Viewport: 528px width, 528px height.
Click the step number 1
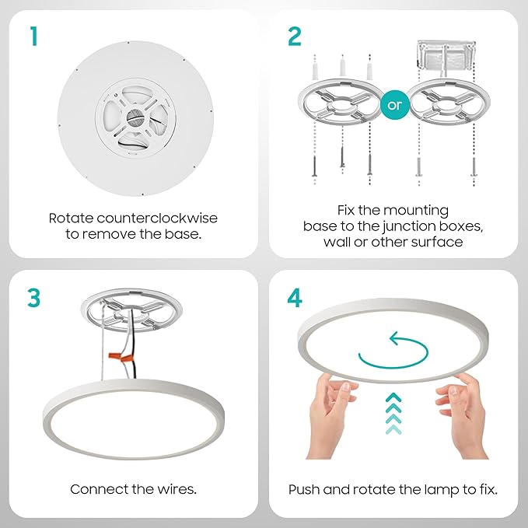(x=33, y=37)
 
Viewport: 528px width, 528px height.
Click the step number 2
(x=294, y=37)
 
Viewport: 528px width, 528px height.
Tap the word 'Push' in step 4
(x=303, y=489)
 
